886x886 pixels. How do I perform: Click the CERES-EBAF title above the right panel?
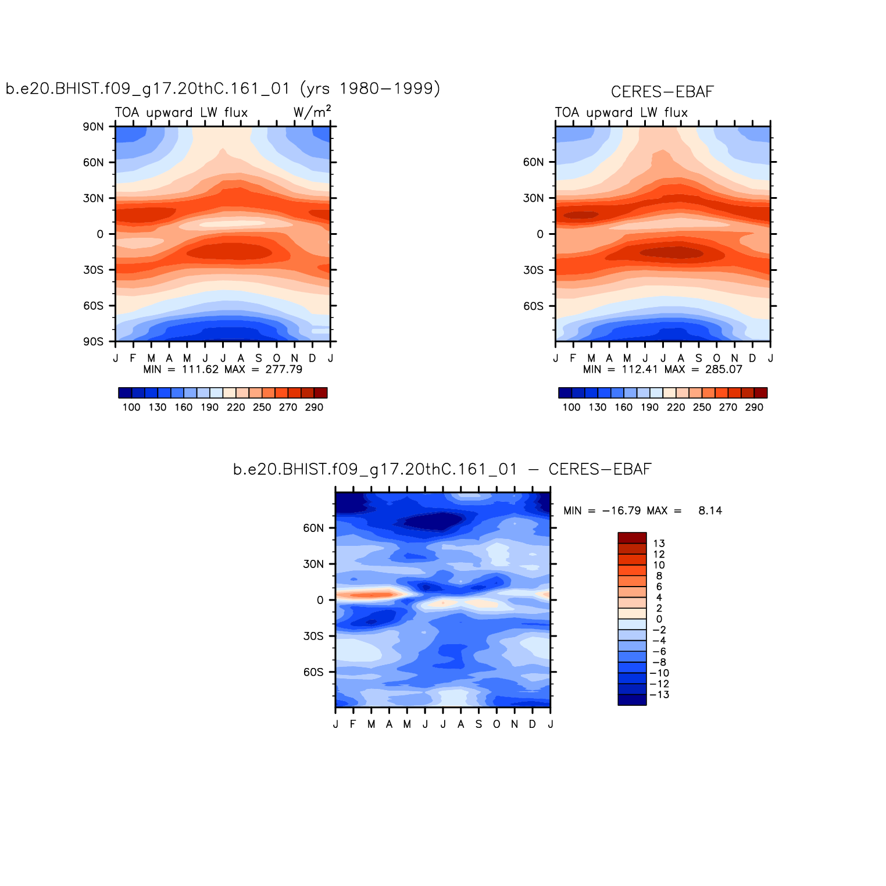[662, 92]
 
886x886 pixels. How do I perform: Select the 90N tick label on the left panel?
[93, 127]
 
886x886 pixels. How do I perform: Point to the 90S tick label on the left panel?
[93, 341]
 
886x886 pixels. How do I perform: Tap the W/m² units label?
[312, 112]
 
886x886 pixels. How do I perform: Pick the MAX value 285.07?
[724, 369]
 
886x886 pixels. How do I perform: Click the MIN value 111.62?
[200, 369]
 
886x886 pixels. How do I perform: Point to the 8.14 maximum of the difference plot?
[710, 510]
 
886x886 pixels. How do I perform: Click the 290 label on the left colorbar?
[314, 407]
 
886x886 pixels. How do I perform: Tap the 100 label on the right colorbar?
[571, 407]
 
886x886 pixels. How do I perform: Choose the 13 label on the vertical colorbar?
[659, 544]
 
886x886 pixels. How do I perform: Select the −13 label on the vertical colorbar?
[659, 695]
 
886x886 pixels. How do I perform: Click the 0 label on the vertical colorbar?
[659, 619]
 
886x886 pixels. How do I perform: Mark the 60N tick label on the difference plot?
[313, 528]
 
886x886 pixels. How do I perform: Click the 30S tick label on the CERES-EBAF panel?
[533, 270]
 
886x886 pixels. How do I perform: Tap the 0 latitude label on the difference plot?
[320, 600]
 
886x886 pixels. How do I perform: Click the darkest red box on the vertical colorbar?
[632, 538]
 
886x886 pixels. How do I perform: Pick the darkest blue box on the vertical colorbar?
[632, 700]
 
